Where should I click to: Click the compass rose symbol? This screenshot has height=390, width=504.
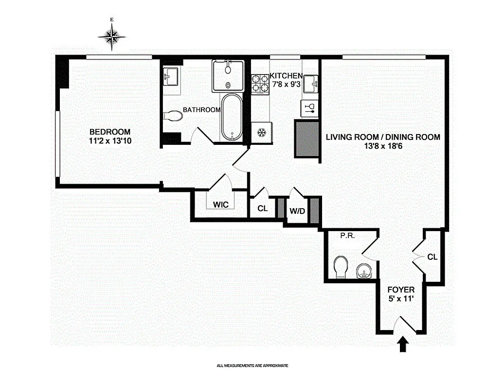(112, 36)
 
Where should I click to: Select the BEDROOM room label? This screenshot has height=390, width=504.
(110, 132)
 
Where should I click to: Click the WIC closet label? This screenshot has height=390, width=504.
(220, 204)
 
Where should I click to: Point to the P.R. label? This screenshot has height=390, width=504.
(346, 235)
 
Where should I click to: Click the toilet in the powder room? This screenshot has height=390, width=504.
(341, 266)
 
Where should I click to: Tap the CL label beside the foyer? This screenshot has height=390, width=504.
(432, 256)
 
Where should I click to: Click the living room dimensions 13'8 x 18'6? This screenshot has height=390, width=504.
(383, 147)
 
